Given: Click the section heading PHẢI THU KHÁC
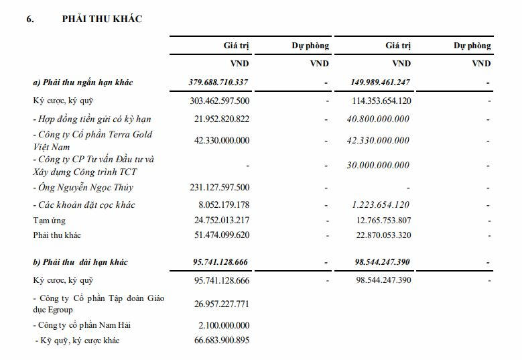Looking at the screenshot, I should click(x=102, y=19).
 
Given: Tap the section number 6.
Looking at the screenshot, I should click(x=30, y=19).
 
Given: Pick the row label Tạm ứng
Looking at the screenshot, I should click(x=49, y=220).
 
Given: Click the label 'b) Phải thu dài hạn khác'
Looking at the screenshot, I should click(x=80, y=261).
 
